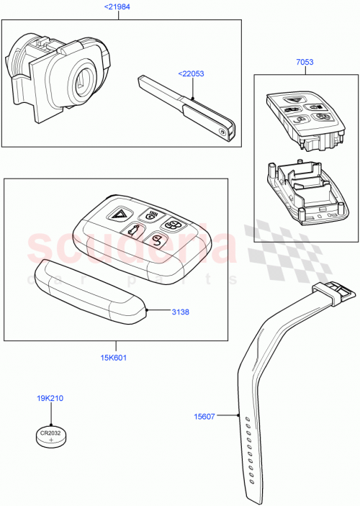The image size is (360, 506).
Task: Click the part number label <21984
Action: (x=119, y=7)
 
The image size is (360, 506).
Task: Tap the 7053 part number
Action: (x=305, y=63)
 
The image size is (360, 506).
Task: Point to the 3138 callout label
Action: (x=181, y=312)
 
